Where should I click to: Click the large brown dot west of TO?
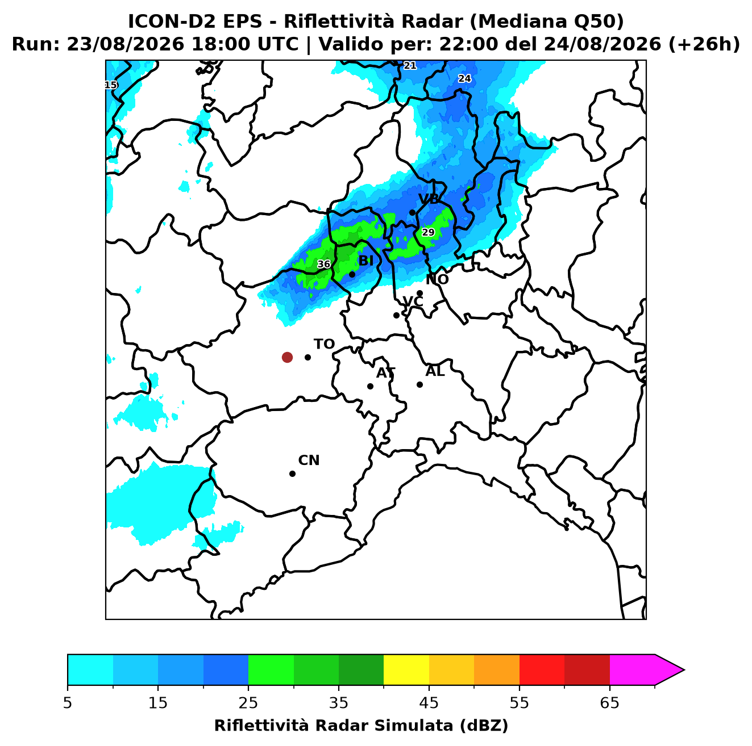(287, 357)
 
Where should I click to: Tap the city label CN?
(308, 460)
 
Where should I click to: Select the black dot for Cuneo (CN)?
(292, 473)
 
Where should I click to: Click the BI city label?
(365, 261)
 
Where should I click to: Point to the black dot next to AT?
(370, 386)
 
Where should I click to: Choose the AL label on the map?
(435, 371)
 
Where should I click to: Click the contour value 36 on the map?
(323, 264)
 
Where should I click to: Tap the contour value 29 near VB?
(427, 232)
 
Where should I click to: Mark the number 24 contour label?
(464, 78)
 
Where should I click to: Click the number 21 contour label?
(409, 65)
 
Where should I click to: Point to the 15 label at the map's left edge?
(111, 85)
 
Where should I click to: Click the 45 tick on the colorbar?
(429, 702)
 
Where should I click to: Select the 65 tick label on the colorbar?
(609, 702)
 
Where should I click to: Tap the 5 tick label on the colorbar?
(68, 702)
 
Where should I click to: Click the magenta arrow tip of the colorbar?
(683, 670)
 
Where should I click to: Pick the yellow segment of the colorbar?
(406, 670)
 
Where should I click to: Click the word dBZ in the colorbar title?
(484, 726)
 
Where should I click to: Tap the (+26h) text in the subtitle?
(704, 44)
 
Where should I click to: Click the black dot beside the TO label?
(308, 357)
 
